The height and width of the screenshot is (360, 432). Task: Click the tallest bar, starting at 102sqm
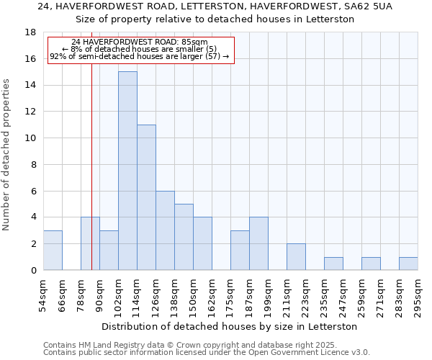127,171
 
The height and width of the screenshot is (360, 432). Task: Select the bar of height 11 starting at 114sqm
146,197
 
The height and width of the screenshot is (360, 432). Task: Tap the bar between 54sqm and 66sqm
53,251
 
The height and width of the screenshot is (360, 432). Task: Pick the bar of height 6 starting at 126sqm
165,230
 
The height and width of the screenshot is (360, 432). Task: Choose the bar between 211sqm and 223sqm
296,257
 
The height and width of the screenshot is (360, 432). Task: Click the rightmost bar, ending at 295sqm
408,264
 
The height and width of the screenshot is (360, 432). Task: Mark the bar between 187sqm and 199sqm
258,243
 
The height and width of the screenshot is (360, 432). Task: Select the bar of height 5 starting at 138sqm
184,237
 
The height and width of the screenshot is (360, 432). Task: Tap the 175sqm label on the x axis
230,297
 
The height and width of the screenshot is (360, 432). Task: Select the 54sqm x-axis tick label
43,295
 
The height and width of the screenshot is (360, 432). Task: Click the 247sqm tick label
343,297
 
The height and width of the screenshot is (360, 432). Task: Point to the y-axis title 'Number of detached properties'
6,156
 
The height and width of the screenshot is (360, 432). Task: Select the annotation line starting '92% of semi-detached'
140,56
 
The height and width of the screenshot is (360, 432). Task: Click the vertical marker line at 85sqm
91,180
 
